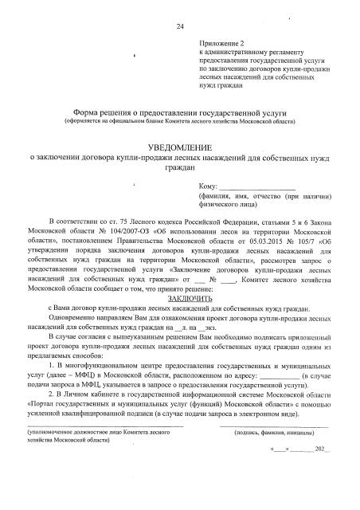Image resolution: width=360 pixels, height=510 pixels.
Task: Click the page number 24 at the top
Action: coord(180,27)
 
